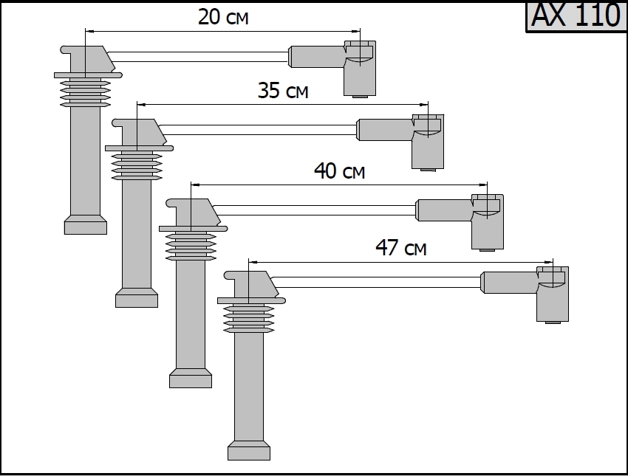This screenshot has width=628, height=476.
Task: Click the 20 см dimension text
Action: pos(223,18)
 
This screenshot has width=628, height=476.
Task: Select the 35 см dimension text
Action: pos(283,91)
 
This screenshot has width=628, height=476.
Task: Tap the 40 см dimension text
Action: pos(340,171)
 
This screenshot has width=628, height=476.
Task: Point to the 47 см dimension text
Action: pos(401,248)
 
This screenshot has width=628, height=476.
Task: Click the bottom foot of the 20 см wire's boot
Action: pos(86,225)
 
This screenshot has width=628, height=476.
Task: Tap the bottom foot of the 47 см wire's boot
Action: pos(249,450)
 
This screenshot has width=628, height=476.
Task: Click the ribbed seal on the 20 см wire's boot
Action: pos(86,94)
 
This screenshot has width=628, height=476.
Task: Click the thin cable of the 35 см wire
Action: pos(259,130)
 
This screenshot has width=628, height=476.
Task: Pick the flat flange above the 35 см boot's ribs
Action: pos(139,148)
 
